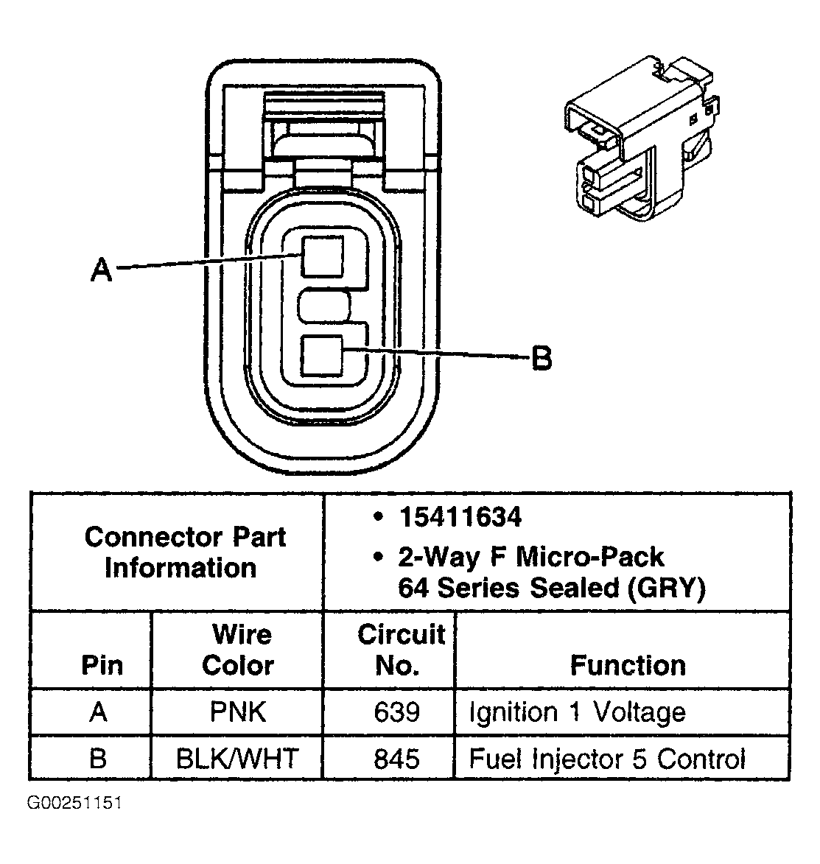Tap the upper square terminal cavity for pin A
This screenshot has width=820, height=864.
[323, 256]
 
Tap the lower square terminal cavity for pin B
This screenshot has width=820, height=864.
[323, 357]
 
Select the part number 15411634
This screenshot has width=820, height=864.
[460, 517]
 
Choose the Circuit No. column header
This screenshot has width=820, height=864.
[401, 650]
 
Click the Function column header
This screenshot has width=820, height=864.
[628, 665]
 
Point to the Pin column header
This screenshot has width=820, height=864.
[102, 665]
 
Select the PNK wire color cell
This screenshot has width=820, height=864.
[237, 712]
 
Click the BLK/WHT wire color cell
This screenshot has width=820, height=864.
[237, 758]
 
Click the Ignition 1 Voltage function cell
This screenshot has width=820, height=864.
[577, 712]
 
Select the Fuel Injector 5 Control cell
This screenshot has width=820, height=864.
[607, 758]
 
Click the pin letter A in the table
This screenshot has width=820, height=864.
[98, 712]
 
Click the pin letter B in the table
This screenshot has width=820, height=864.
[98, 758]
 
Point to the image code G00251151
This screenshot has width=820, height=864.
[74, 803]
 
